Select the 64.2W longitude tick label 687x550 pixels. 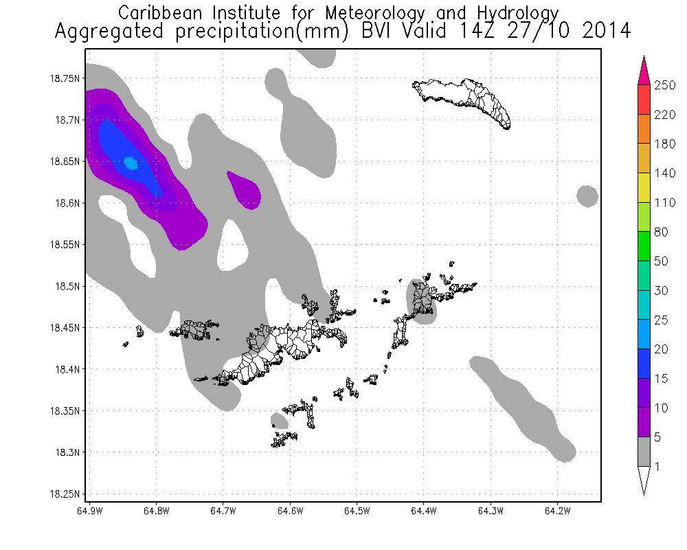[x=556, y=511]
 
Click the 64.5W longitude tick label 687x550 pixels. [x=357, y=511]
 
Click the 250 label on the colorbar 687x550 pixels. [x=665, y=85]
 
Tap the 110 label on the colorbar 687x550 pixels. [x=665, y=203]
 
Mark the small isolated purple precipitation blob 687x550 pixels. [x=245, y=190]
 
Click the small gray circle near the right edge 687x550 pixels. [x=587, y=196]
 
